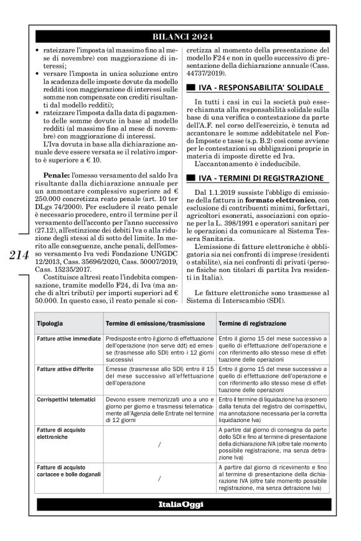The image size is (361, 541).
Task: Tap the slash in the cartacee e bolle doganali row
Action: [x=160, y=479]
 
